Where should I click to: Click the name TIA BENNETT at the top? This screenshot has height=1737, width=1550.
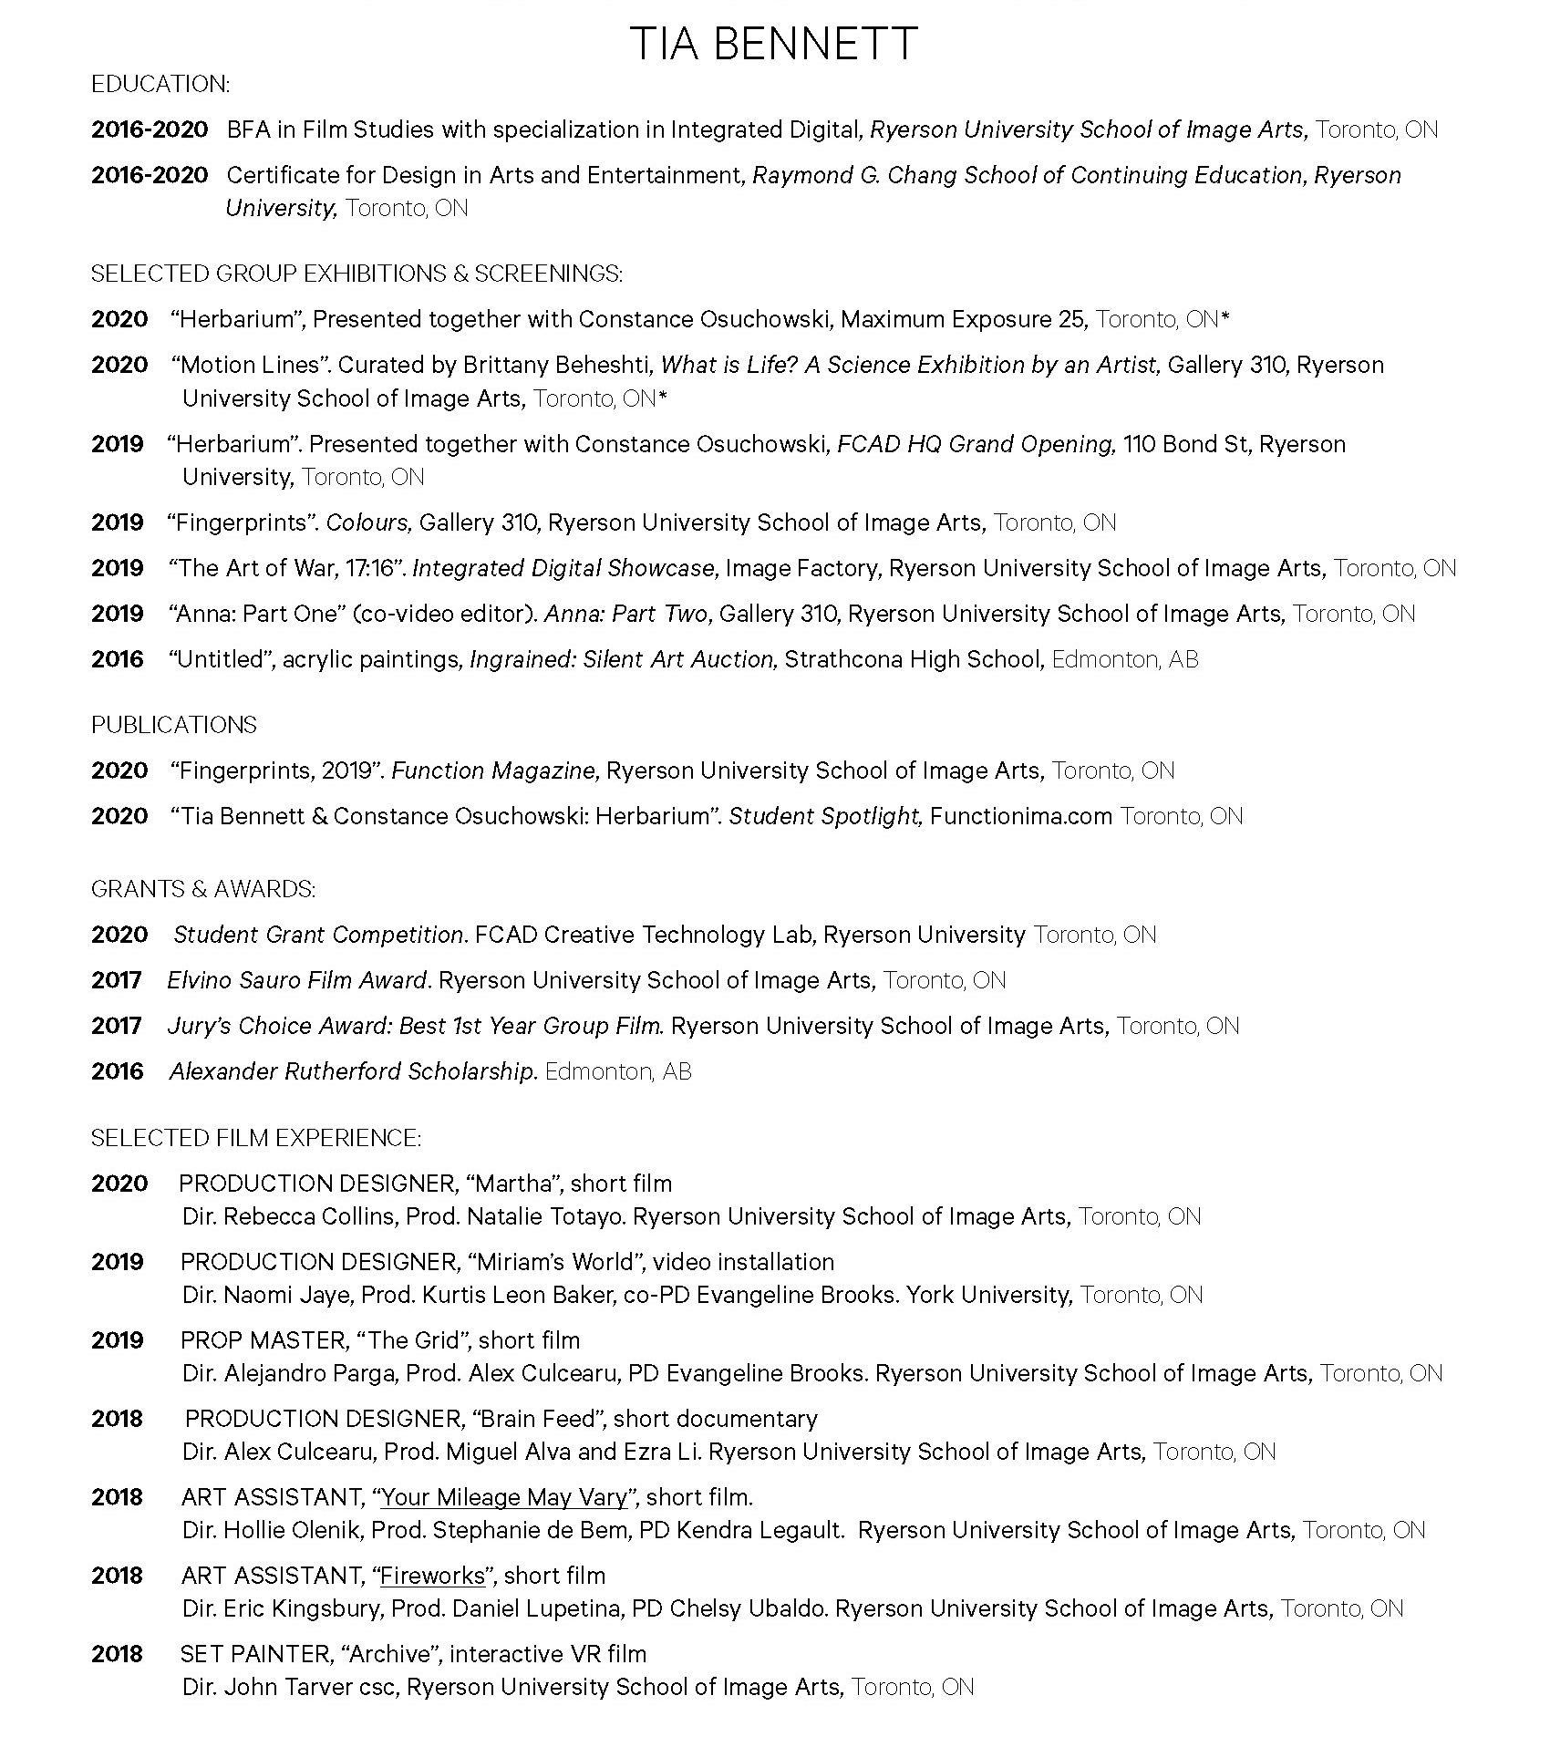(773, 44)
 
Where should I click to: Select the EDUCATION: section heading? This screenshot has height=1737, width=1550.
(160, 85)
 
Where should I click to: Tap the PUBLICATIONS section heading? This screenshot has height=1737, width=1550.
(173, 725)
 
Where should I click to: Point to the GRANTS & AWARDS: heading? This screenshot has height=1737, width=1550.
(203, 889)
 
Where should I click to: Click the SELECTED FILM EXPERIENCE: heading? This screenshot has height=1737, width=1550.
(255, 1138)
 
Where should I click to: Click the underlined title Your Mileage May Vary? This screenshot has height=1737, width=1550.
(504, 1497)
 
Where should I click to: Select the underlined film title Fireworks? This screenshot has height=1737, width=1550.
(432, 1576)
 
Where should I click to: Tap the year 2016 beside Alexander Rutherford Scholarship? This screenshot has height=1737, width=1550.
(118, 1071)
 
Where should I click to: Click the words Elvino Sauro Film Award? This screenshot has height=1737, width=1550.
(297, 980)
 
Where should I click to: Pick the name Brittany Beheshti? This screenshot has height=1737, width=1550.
(558, 366)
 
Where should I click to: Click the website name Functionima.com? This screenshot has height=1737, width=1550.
(1021, 816)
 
